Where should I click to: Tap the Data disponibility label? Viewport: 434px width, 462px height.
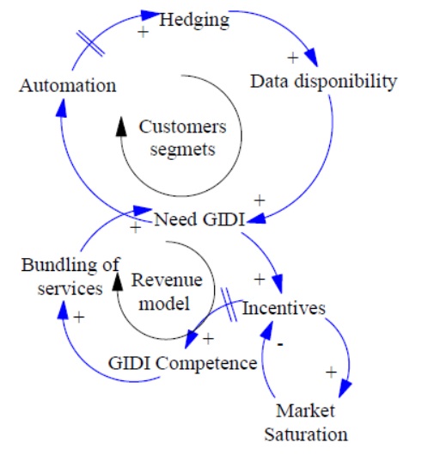click(323, 82)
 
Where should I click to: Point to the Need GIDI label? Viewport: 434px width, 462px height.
click(198, 219)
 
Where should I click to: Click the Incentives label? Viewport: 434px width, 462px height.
click(284, 307)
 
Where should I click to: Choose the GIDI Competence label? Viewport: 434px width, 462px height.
click(182, 363)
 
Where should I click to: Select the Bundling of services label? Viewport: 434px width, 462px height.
click(70, 276)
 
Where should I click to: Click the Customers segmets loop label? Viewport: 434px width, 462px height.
click(182, 138)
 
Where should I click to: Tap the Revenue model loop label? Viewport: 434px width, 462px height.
click(167, 290)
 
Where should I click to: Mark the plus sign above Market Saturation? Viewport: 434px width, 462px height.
click(330, 373)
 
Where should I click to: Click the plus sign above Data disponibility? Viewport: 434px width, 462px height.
click(291, 58)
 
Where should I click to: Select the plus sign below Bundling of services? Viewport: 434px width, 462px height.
click(78, 317)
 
